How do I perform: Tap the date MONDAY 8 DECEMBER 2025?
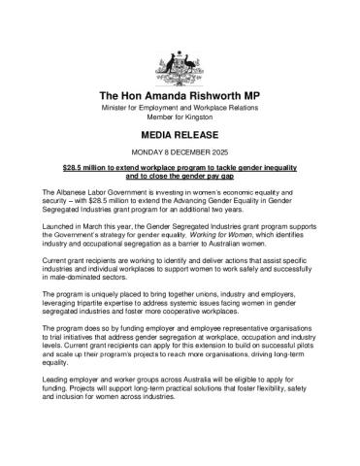pos(180,154)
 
